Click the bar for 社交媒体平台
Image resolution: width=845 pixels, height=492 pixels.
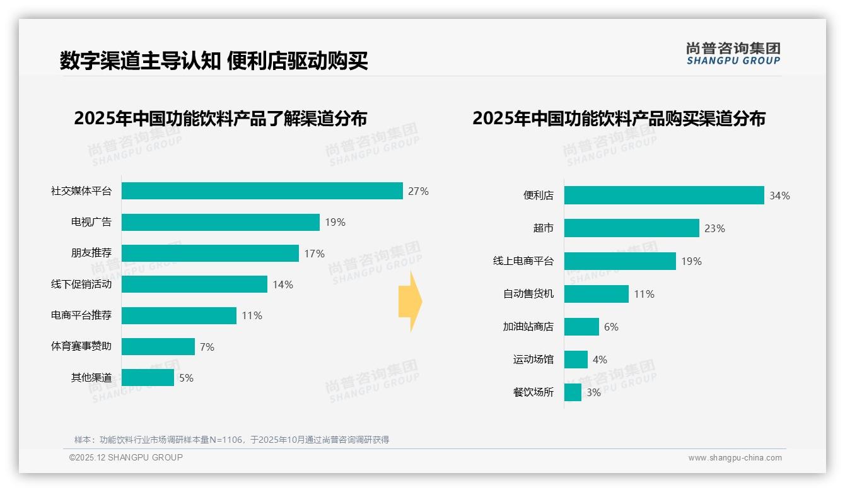262,190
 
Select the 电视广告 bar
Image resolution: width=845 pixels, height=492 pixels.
220,222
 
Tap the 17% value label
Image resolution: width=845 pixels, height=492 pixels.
314,254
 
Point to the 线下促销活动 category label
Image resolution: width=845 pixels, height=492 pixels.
81,284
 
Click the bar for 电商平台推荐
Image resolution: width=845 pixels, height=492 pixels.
178,315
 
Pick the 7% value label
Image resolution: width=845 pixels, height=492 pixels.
207,347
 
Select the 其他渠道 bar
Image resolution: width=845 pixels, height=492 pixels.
148,378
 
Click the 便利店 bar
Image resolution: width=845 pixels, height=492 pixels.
664,196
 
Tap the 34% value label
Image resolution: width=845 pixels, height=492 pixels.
779,196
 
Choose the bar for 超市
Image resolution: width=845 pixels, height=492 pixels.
631,228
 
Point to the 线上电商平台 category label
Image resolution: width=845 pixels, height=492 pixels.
523,261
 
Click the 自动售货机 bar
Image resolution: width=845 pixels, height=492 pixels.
596,294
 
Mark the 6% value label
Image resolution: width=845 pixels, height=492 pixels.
611,327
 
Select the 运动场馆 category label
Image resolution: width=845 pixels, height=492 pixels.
533,360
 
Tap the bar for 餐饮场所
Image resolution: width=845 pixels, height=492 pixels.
573,392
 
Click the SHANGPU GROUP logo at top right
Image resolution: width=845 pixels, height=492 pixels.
733,54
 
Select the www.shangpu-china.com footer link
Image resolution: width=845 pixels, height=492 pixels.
735,458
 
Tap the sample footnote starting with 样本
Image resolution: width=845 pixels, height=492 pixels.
231,440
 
